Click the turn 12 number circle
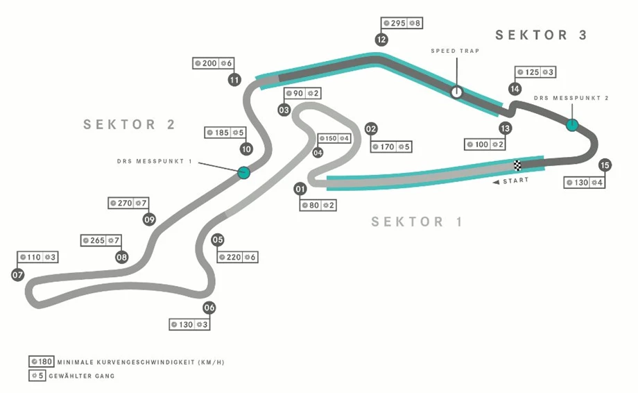pyautogui.click(x=381, y=40)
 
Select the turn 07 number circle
pyautogui.click(x=18, y=275)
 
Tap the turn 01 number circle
pyautogui.click(x=300, y=189)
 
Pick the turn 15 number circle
pyautogui.click(x=605, y=165)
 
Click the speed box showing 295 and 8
pyautogui.click(x=403, y=24)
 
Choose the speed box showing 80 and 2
pyautogui.click(x=318, y=206)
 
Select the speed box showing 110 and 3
pyautogui.click(x=37, y=257)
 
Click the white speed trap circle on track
pyautogui.click(x=456, y=92)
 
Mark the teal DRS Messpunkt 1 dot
pyautogui.click(x=243, y=172)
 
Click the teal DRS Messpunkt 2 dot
pyautogui.click(x=572, y=125)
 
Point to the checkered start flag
pyautogui.click(x=517, y=165)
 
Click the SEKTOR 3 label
pyautogui.click(x=541, y=35)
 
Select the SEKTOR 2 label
pyautogui.click(x=130, y=125)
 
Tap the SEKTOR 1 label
pyautogui.click(x=417, y=222)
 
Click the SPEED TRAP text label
pyautogui.click(x=455, y=51)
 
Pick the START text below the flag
pyautogui.click(x=515, y=181)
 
